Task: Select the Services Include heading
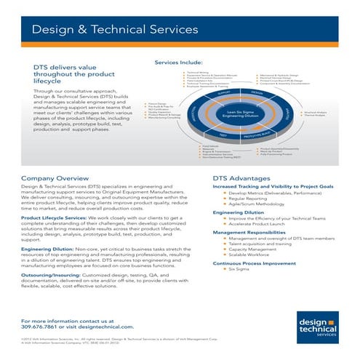[x=178, y=63]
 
